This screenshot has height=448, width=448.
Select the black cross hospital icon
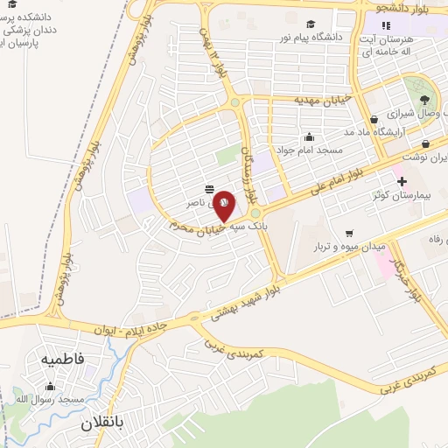tap(402, 182)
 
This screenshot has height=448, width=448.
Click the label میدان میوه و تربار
tap(350, 248)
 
